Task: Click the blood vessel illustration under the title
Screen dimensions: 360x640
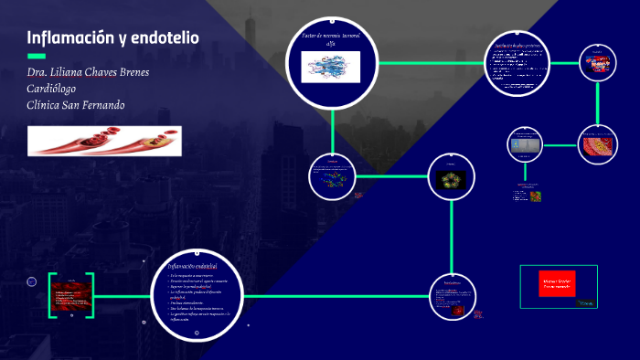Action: (105, 140)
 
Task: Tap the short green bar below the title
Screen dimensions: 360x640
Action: (36, 56)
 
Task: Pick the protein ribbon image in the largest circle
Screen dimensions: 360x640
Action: (332, 66)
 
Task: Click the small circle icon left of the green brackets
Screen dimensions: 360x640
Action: (31, 281)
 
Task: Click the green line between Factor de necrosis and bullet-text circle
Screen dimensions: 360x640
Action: (429, 64)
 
